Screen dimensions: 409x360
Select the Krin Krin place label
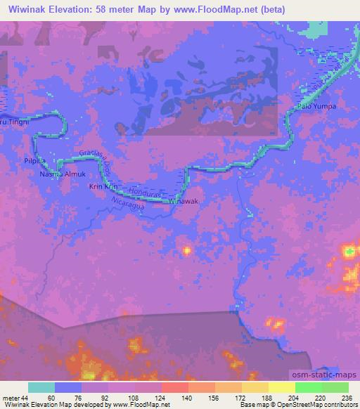(x=101, y=187)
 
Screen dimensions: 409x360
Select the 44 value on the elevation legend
(x=24, y=398)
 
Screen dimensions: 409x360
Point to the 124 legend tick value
(x=161, y=398)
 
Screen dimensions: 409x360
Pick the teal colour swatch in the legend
(x=41, y=387)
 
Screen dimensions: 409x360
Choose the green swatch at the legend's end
(x=335, y=387)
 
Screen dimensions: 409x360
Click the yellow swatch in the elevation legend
(x=281, y=387)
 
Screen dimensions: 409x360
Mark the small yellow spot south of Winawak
(x=187, y=249)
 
